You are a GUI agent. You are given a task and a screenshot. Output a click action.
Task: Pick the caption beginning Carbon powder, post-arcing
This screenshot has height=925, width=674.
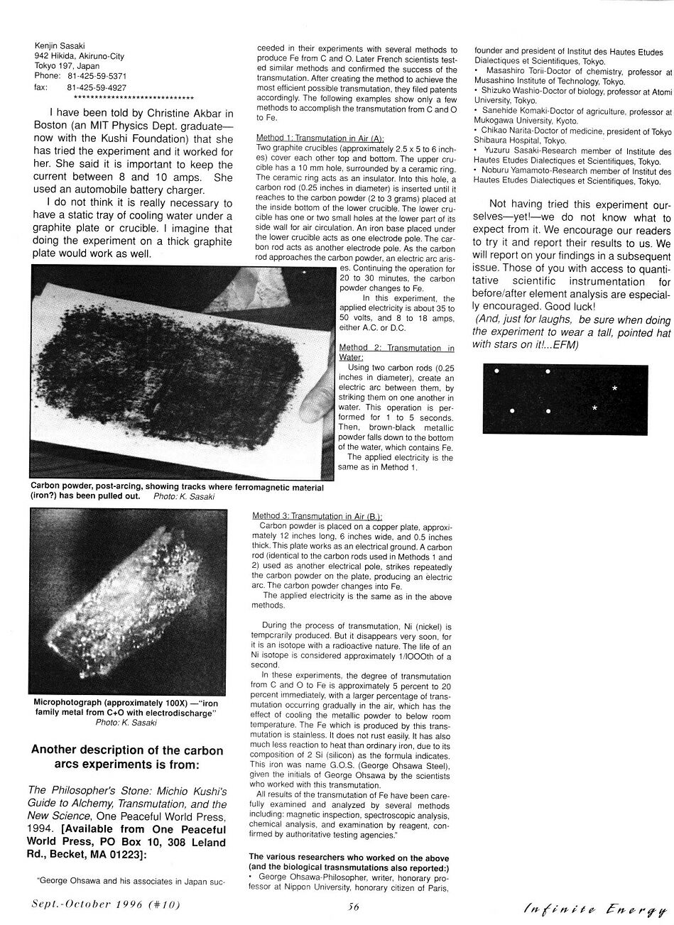177,491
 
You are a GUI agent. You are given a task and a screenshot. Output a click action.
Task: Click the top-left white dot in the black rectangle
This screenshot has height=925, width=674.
497,371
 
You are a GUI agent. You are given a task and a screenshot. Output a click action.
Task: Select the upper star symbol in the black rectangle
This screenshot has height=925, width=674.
614,388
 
